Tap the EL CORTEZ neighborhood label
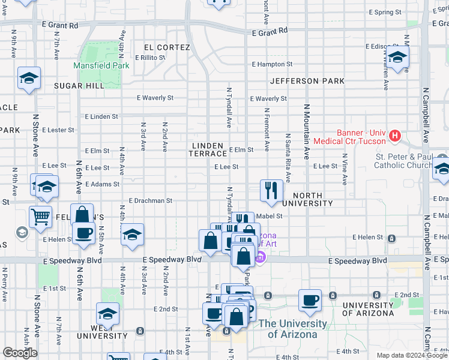coord(167,47)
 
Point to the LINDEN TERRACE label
coord(208,149)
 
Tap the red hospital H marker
coord(395,136)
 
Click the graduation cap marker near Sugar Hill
coord(29,79)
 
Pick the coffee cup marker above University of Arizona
coord(310,300)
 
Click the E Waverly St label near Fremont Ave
coord(268,98)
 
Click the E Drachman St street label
coord(150,201)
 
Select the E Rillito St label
coord(150,58)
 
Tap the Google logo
coord(20,353)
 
